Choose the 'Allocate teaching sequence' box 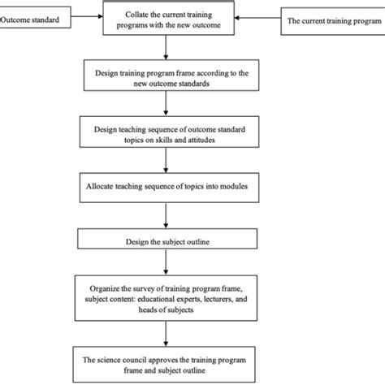(166, 186)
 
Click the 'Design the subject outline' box (166, 240)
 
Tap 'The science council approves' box (166, 363)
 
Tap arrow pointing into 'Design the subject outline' (166, 214)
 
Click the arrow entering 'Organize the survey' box (166, 265)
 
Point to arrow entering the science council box (166, 333)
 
